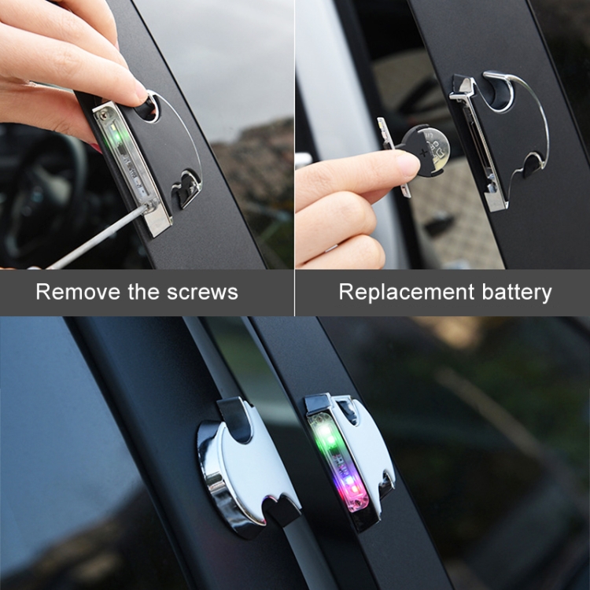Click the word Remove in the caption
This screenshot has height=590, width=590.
coord(78,292)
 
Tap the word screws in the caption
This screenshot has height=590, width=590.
coord(202,293)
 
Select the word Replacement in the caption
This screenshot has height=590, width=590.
coord(407,293)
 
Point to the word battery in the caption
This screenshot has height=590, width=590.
coord(517,293)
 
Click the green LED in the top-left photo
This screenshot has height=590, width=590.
coord(116,135)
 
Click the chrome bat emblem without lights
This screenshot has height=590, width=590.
coord(246,463)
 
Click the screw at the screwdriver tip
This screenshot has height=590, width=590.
coord(147,205)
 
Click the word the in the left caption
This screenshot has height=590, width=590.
coord(143,292)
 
